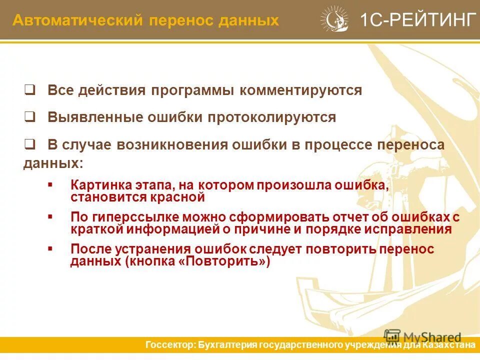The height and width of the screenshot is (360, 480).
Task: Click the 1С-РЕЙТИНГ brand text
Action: (417, 20)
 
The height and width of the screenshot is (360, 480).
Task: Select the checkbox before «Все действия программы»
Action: (29, 90)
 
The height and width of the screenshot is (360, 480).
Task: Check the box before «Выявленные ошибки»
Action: (29, 117)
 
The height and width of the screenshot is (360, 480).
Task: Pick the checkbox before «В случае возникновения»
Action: (29, 145)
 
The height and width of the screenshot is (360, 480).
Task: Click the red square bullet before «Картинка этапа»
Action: (50, 185)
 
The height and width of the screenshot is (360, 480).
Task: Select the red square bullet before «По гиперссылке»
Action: (50, 217)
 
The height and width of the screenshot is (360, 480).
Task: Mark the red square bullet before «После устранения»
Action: (50, 248)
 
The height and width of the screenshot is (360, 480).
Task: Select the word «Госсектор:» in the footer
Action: (169, 345)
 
